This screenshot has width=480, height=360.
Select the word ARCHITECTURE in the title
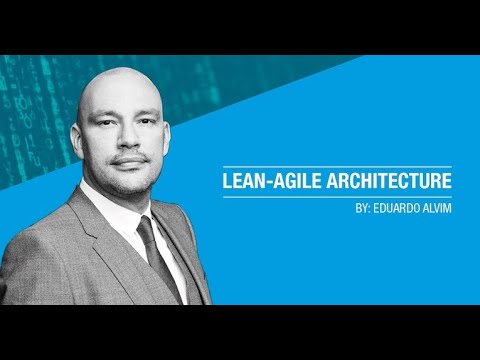(x=389, y=182)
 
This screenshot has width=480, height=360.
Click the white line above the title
(x=336, y=167)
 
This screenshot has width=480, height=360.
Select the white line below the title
(x=336, y=197)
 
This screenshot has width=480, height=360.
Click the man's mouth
(x=130, y=161)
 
